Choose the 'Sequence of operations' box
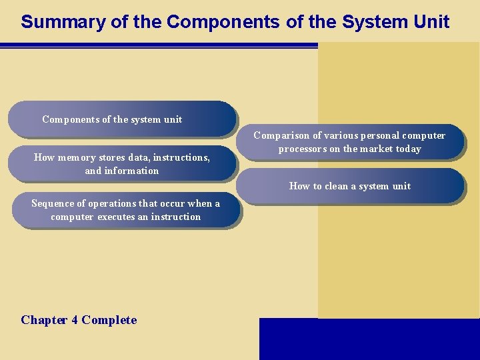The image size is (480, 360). click(x=125, y=210)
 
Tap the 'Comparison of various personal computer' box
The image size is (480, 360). click(x=349, y=142)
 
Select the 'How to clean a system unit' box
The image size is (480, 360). click(x=349, y=186)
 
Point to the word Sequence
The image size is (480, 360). click(x=54, y=203)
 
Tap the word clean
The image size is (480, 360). click(x=338, y=186)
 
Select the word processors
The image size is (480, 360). click(x=303, y=149)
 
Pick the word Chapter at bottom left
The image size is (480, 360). click(x=44, y=320)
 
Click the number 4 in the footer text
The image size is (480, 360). click(x=75, y=320)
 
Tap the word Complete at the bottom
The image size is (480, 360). click(x=109, y=320)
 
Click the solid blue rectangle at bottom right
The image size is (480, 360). click(x=369, y=339)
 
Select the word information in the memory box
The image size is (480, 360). click(x=131, y=171)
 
